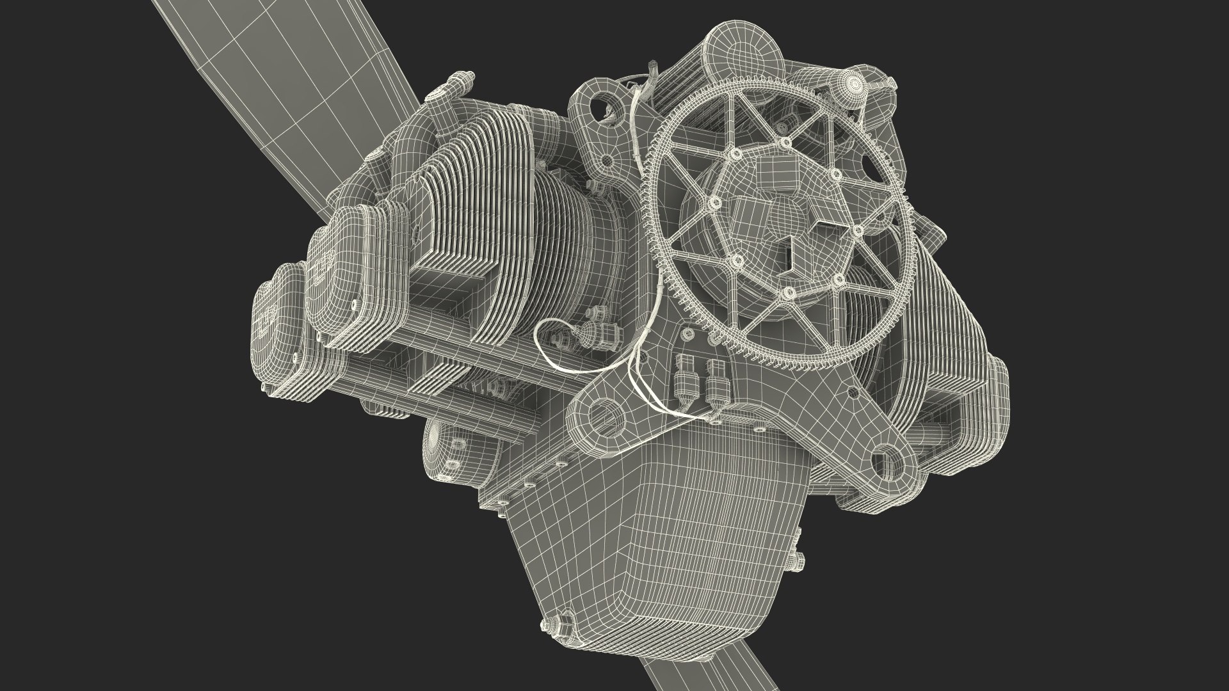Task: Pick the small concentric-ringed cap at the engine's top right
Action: click(x=853, y=83)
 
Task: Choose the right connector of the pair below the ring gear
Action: click(x=716, y=380)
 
